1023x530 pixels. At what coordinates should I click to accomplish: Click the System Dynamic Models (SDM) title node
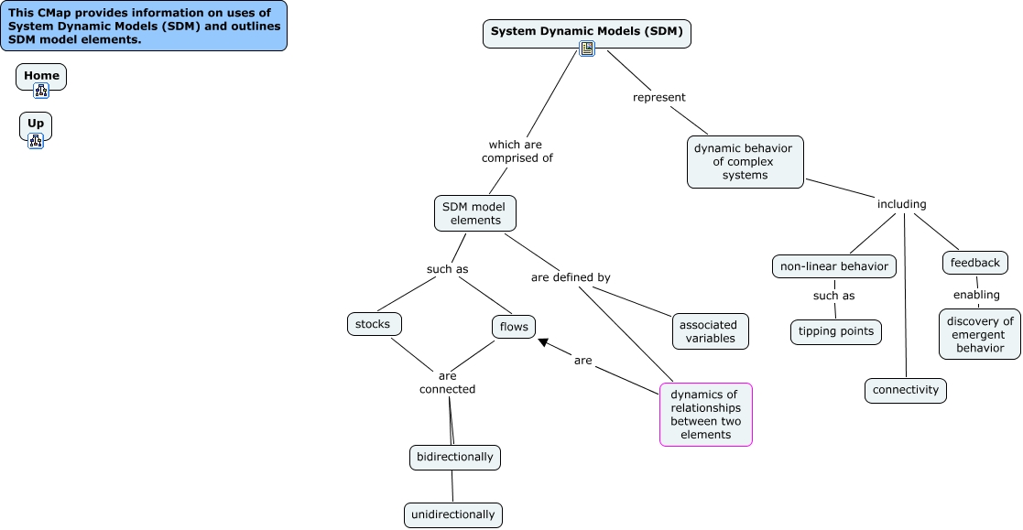pyautogui.click(x=586, y=32)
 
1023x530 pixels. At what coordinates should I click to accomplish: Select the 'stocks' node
pyautogui.click(x=374, y=324)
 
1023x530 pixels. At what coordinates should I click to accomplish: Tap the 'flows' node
pyautogui.click(x=513, y=327)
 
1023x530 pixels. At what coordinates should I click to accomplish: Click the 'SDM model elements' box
pyautogui.click(x=474, y=213)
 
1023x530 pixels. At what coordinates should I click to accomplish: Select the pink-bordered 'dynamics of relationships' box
pyautogui.click(x=705, y=415)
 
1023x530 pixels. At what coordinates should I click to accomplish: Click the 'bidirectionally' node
pyautogui.click(x=454, y=457)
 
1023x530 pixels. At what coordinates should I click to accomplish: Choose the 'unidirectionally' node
pyautogui.click(x=452, y=514)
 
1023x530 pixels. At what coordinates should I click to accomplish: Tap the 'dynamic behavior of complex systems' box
pyautogui.click(x=745, y=162)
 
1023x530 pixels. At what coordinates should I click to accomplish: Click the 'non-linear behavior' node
pyautogui.click(x=833, y=266)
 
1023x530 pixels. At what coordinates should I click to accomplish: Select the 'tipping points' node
pyautogui.click(x=835, y=331)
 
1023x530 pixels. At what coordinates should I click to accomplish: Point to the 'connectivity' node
pyautogui.click(x=905, y=390)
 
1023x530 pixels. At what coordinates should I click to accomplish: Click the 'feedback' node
pyautogui.click(x=974, y=263)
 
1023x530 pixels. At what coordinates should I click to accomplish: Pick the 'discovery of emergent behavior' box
pyautogui.click(x=979, y=334)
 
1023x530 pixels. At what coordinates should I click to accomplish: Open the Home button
pyautogui.click(x=41, y=77)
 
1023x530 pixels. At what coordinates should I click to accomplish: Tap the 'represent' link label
pyautogui.click(x=658, y=97)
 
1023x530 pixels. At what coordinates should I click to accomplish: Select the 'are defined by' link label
pyautogui.click(x=570, y=277)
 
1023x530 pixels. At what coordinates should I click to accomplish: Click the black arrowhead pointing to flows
pyautogui.click(x=544, y=343)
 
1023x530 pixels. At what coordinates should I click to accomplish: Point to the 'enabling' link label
pyautogui.click(x=975, y=295)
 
